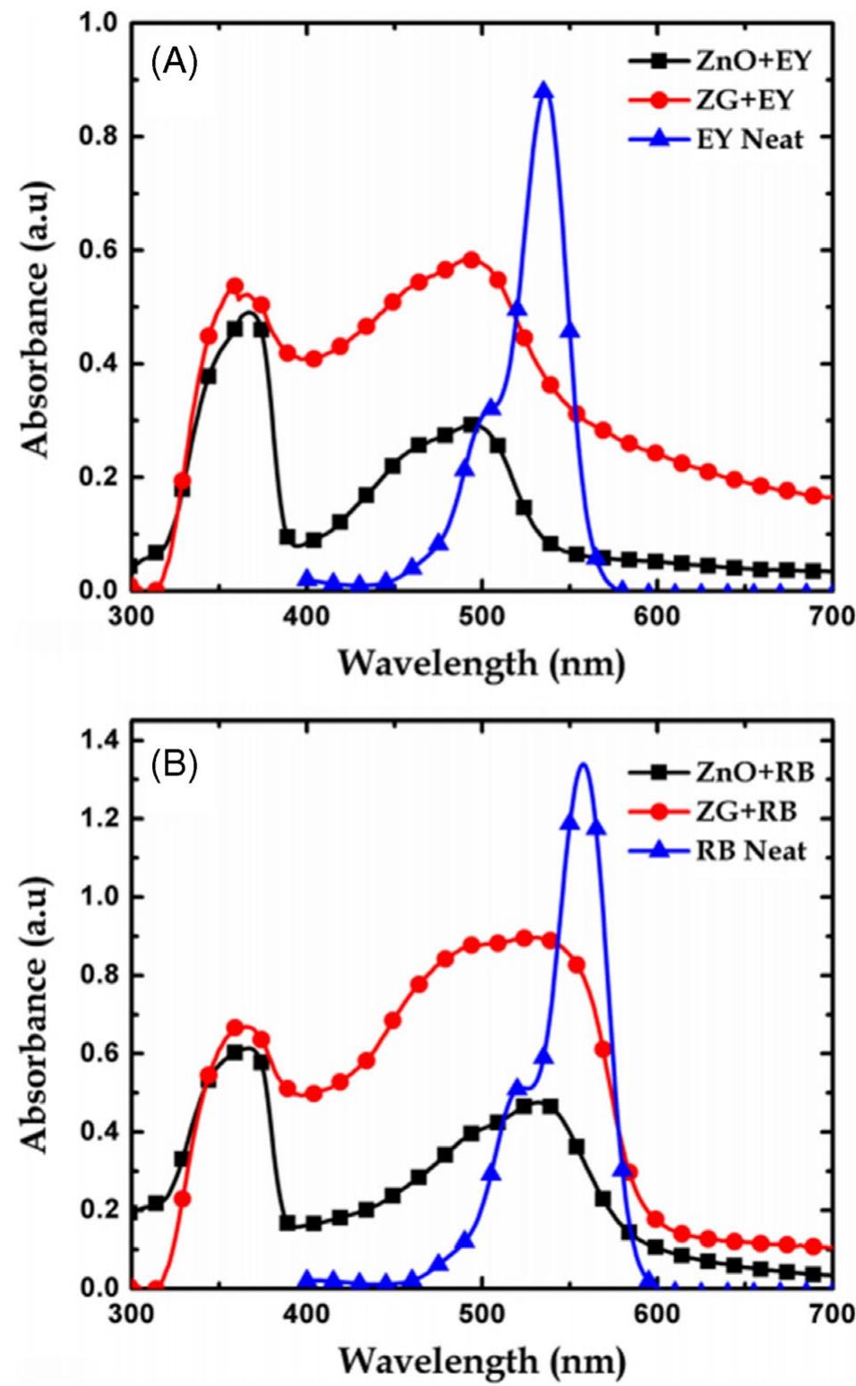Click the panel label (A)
click(x=175, y=64)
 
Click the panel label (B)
click(x=175, y=766)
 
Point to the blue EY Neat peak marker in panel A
click(x=544, y=90)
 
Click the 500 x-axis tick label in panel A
click(x=482, y=617)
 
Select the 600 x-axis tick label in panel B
click(x=657, y=1313)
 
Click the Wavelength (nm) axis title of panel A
click(x=481, y=663)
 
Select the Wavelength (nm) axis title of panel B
click(x=481, y=1360)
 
